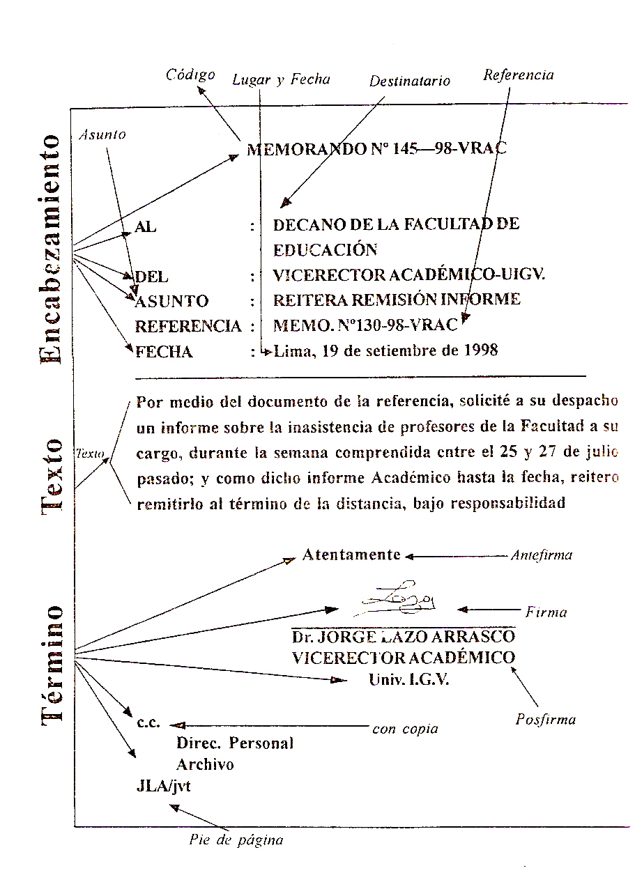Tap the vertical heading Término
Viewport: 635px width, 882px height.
click(52, 666)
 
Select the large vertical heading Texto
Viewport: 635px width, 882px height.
click(52, 477)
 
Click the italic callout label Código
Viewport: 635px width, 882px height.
click(190, 75)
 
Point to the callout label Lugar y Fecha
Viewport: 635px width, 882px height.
click(281, 79)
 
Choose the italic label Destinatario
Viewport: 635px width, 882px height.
click(409, 81)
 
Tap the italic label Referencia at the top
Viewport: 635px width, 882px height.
click(518, 75)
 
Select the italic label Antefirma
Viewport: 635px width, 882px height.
click(541, 555)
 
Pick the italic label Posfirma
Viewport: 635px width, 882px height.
click(546, 720)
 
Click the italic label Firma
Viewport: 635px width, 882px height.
click(546, 612)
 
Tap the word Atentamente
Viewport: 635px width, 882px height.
click(351, 555)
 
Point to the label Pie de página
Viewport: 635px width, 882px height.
click(236, 840)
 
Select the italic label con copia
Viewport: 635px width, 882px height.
click(405, 729)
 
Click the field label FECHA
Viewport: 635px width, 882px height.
click(164, 352)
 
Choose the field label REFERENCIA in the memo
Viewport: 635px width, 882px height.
click(188, 326)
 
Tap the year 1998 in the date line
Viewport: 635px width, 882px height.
click(480, 350)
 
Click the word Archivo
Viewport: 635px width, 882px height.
click(205, 764)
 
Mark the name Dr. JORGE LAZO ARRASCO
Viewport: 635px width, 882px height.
click(404, 637)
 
